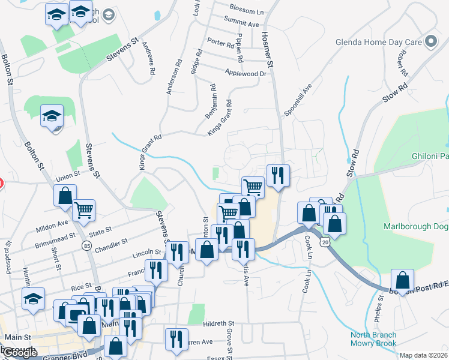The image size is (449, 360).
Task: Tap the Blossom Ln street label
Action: [247, 11]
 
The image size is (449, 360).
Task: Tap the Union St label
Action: [68, 176]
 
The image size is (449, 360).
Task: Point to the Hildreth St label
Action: [218, 323]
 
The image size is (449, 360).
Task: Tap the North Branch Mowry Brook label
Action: [373, 339]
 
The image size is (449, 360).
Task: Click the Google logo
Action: [19, 353]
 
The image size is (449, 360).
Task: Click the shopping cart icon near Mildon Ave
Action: [83, 210]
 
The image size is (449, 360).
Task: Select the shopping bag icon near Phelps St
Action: [402, 280]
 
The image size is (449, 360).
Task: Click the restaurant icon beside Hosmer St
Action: [277, 176]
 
